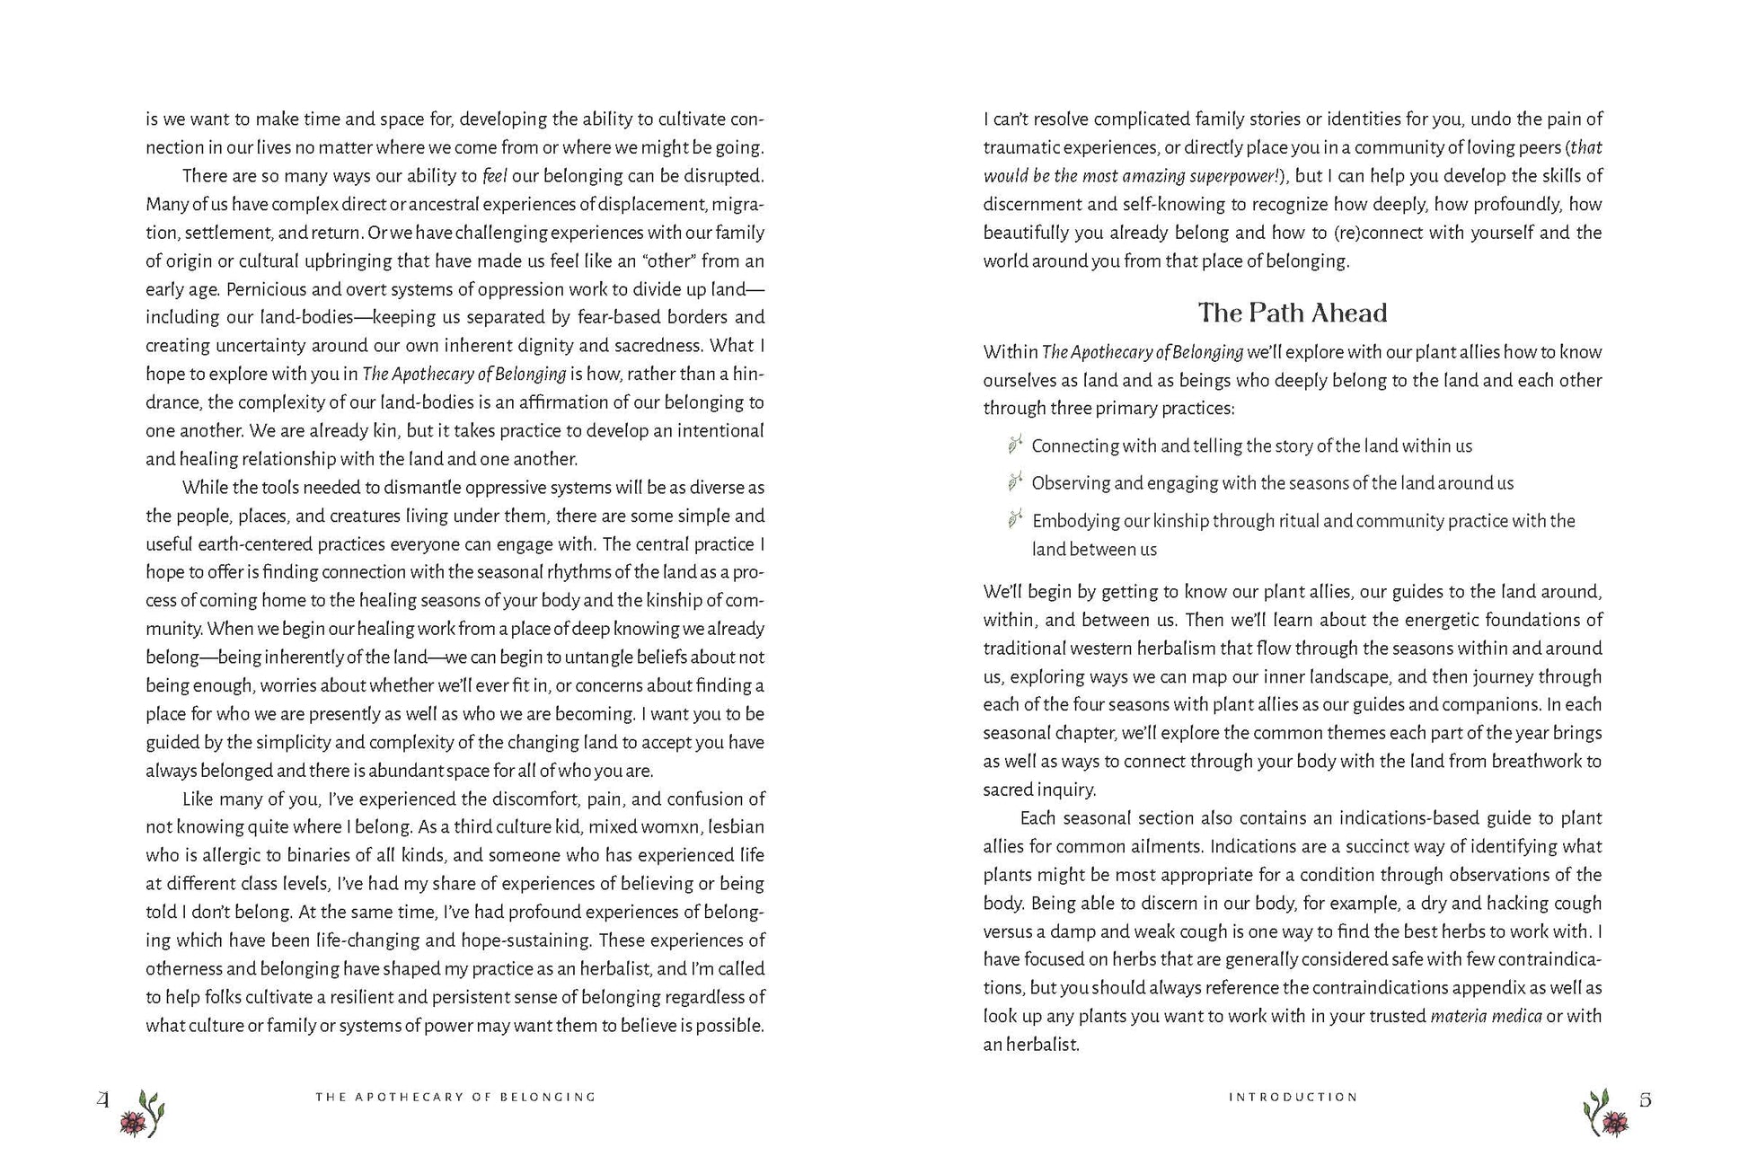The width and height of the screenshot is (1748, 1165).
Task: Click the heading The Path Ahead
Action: click(1292, 313)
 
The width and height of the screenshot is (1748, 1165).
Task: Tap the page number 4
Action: click(103, 1099)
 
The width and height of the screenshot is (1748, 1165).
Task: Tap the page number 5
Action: click(1645, 1099)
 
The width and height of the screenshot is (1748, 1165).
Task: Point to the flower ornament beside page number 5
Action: click(1606, 1114)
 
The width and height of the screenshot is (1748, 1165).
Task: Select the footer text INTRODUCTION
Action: click(1293, 1097)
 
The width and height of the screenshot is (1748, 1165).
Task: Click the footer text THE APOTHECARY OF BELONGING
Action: click(455, 1097)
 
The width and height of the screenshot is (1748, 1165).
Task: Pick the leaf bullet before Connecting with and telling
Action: click(1015, 445)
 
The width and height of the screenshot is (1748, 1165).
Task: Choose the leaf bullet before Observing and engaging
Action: click(1015, 482)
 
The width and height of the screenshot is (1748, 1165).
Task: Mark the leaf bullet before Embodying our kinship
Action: click(1015, 519)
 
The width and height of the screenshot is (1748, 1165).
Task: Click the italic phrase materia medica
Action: click(1486, 1017)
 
